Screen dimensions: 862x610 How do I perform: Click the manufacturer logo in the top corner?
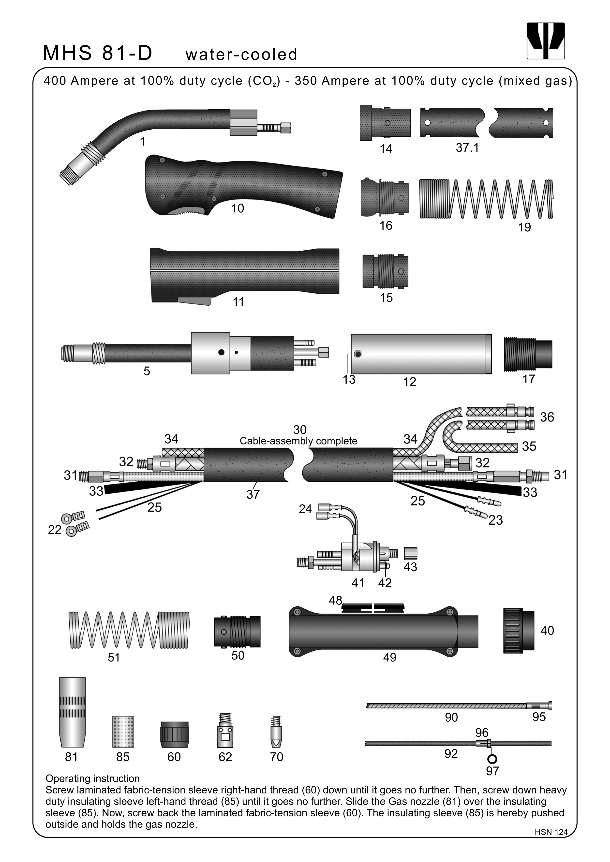(545, 41)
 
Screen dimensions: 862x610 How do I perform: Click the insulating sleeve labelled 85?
(123, 731)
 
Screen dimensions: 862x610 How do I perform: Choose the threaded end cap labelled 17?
(527, 354)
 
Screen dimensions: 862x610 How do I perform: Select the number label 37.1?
(467, 148)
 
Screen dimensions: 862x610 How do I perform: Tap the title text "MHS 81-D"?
(98, 53)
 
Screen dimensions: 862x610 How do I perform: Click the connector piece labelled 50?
(237, 632)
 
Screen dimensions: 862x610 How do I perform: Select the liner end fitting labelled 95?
(539, 706)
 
